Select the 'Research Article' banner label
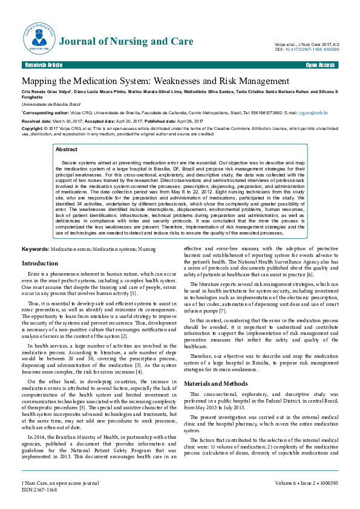(43, 65)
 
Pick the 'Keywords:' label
(36, 250)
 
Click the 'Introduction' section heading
(40, 264)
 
